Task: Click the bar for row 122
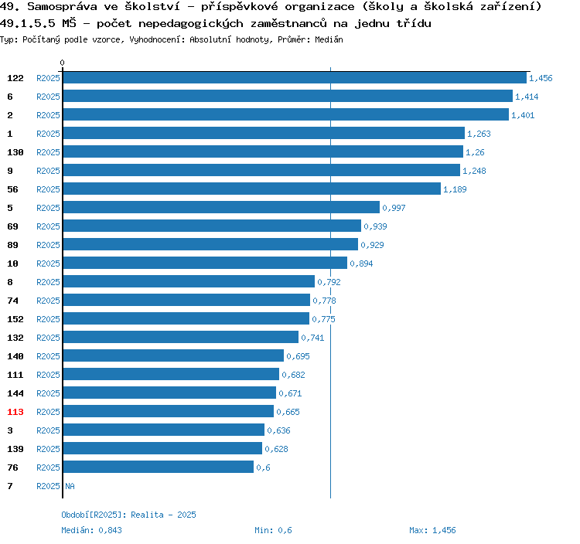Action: pos(294,78)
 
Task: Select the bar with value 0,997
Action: pos(221,208)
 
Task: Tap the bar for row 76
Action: pos(158,467)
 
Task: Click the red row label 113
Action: pos(15,412)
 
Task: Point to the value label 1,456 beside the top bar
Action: pos(541,78)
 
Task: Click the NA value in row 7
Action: pos(70,486)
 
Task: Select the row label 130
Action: pos(15,152)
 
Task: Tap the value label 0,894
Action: pos(361,263)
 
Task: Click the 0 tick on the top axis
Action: pos(63,63)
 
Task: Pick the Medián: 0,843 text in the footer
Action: pos(91,530)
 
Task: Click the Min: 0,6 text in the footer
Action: pos(273,530)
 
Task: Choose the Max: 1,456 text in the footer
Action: pos(432,530)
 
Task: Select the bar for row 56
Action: pos(251,189)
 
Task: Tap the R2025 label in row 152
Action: pos(48,319)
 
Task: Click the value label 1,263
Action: pos(479,134)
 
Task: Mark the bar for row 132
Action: pos(180,338)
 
